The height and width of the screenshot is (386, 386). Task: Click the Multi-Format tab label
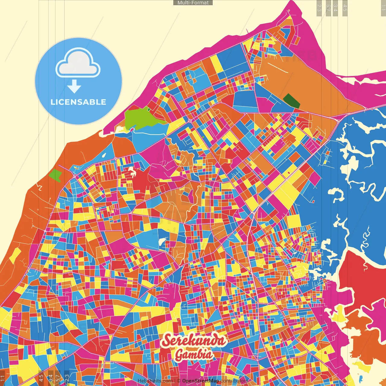(193, 3)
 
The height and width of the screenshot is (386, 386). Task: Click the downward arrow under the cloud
(74, 87)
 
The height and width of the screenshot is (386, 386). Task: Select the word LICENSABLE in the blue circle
(78, 102)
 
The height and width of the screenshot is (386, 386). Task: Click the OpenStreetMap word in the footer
(201, 381)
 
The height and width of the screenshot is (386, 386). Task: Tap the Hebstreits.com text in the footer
(155, 381)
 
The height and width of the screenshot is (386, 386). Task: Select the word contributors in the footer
(234, 381)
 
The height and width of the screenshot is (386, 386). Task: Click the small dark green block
(292, 101)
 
